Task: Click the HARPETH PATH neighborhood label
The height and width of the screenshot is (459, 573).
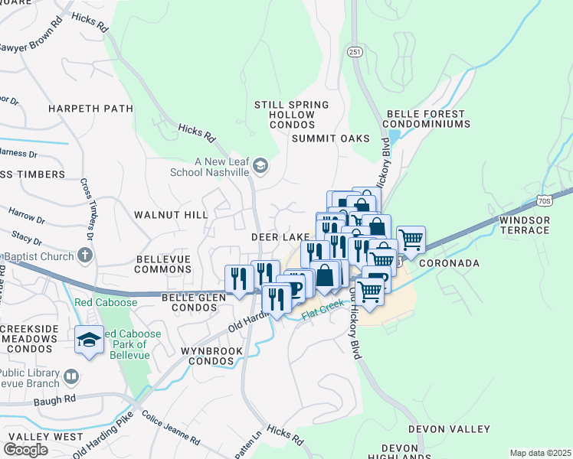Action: (90, 109)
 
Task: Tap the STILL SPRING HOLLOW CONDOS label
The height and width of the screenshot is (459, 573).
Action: (292, 114)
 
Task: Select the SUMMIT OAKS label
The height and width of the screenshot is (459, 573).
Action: (331, 138)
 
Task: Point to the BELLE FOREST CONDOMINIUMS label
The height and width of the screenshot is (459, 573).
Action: (425, 119)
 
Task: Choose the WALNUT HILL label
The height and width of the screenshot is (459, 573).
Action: (170, 215)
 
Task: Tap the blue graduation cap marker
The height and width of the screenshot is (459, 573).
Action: (89, 339)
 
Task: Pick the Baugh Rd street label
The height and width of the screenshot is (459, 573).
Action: (59, 399)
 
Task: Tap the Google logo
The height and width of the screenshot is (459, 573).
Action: (25, 450)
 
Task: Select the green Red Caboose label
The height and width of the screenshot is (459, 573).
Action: (106, 302)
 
